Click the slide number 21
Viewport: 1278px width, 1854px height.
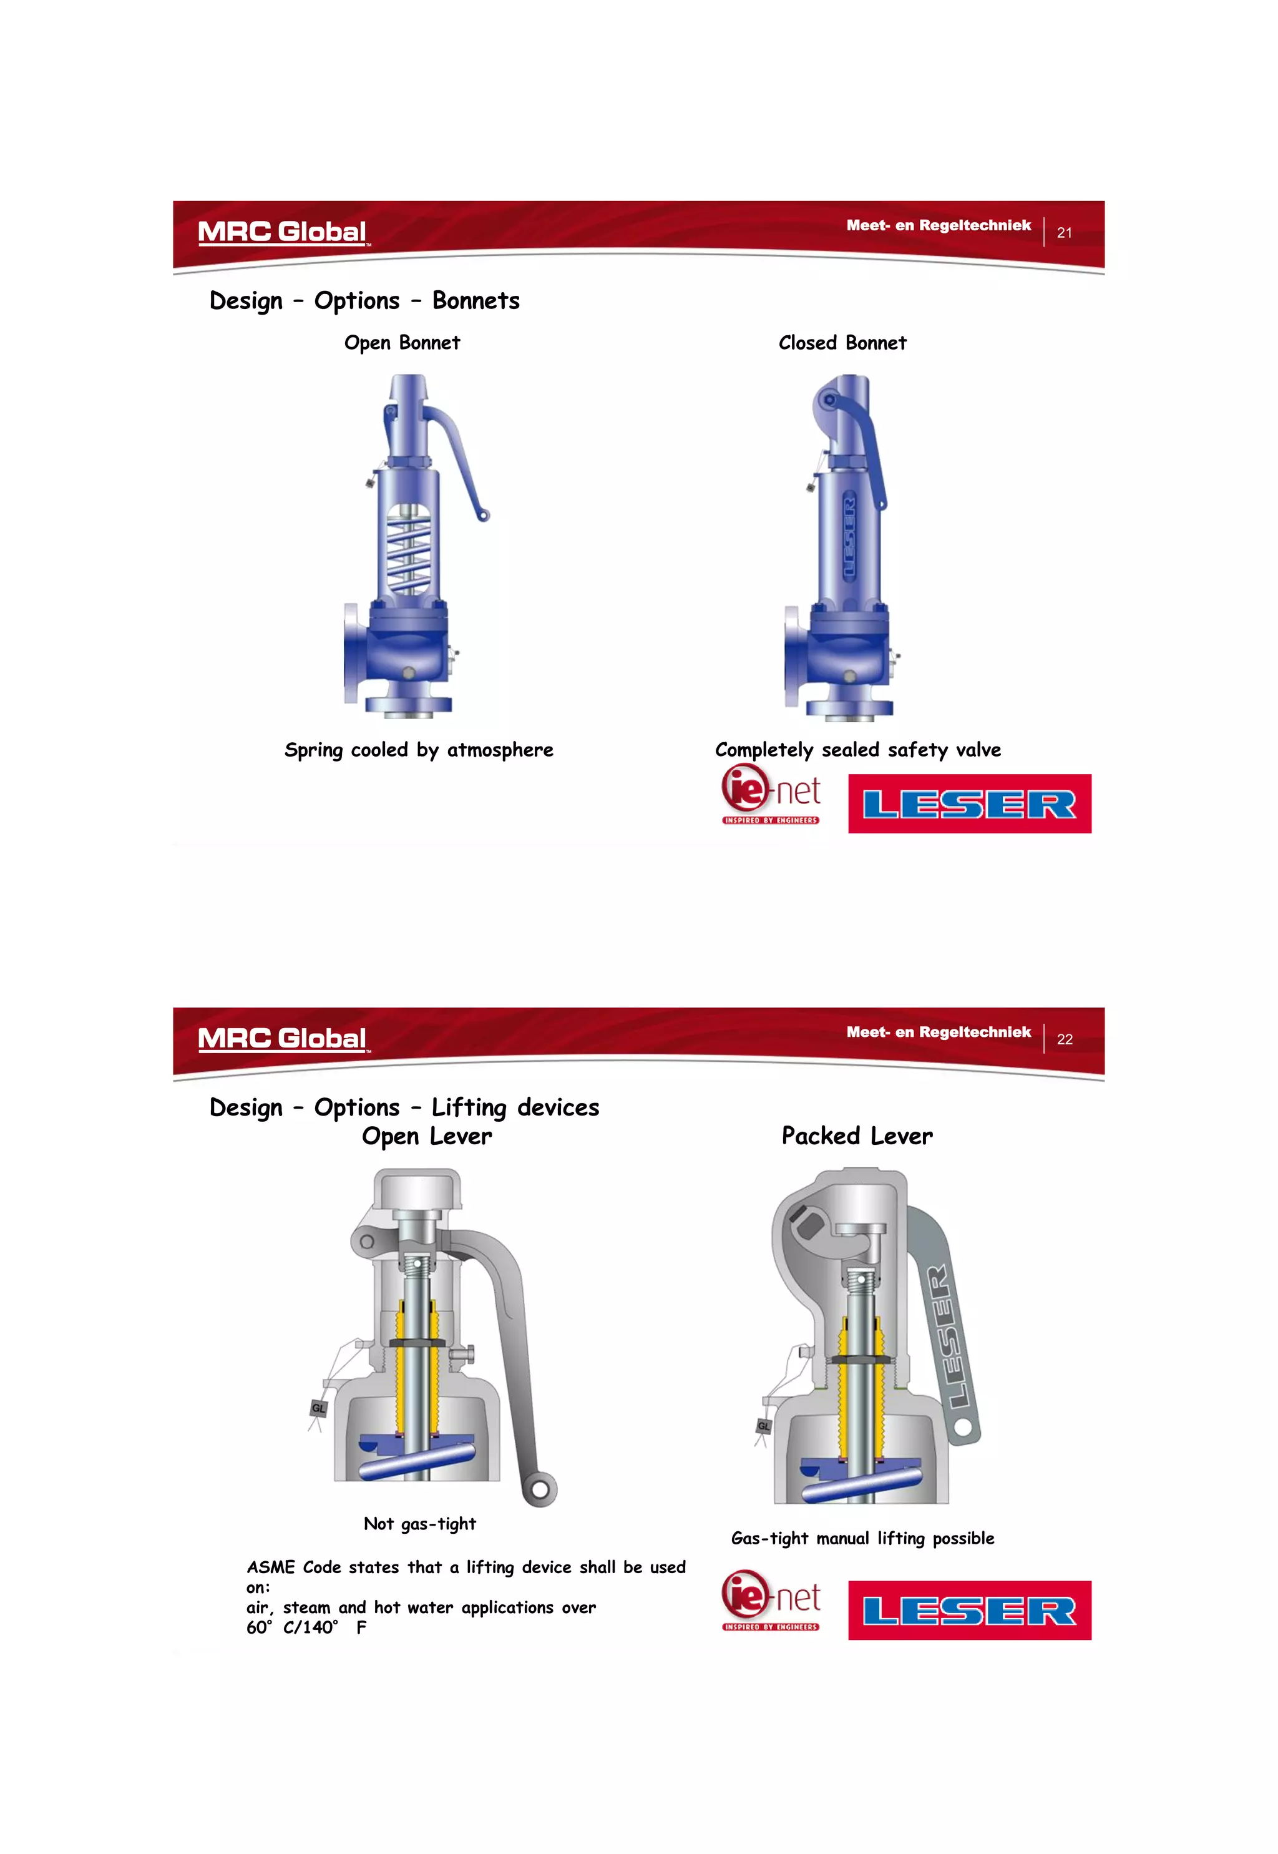(1063, 233)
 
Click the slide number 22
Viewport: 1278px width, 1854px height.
(1063, 1039)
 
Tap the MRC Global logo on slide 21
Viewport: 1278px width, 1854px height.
(282, 232)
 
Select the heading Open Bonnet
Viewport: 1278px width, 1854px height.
(402, 343)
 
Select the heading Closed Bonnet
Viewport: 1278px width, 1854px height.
(842, 343)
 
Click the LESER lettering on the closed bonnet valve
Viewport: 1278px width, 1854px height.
(849, 537)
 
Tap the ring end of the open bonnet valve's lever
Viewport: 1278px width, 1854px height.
(483, 516)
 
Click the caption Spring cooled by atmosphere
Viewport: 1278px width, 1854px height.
(419, 750)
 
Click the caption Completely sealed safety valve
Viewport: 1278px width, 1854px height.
(857, 750)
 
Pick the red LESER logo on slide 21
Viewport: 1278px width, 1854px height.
(969, 804)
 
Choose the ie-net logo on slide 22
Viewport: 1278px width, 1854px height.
(770, 1600)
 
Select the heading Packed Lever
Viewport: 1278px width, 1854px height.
(857, 1136)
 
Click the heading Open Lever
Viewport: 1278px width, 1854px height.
(427, 1136)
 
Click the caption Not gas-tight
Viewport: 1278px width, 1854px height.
(419, 1524)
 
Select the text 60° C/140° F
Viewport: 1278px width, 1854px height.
(306, 1627)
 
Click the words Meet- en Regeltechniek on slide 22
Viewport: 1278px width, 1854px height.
(939, 1032)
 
